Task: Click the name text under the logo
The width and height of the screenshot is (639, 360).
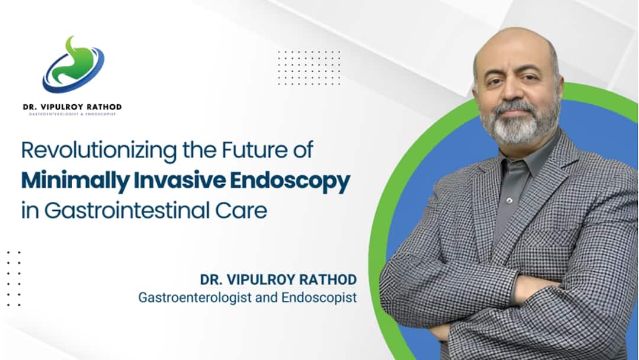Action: (x=72, y=107)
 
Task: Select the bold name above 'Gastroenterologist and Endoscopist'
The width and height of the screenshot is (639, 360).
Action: (x=278, y=279)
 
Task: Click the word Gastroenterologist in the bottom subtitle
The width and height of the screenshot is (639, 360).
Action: (x=195, y=297)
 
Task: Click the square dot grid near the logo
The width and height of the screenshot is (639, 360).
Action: (x=309, y=67)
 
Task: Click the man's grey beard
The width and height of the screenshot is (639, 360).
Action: (x=515, y=127)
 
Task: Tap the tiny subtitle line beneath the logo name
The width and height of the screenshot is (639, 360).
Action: (x=72, y=114)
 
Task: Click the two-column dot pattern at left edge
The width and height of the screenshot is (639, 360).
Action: (x=14, y=278)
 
